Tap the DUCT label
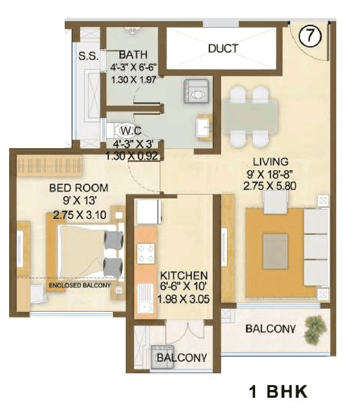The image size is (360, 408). point(223,49)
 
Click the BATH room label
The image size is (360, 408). point(133,55)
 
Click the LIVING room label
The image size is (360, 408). point(270,161)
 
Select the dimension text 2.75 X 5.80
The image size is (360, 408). point(269,186)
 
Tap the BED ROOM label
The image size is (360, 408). point(79,188)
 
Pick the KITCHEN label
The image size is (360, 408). point(185,275)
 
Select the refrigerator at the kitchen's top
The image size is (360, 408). point(148,211)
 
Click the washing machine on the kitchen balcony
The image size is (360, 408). point(159,354)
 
